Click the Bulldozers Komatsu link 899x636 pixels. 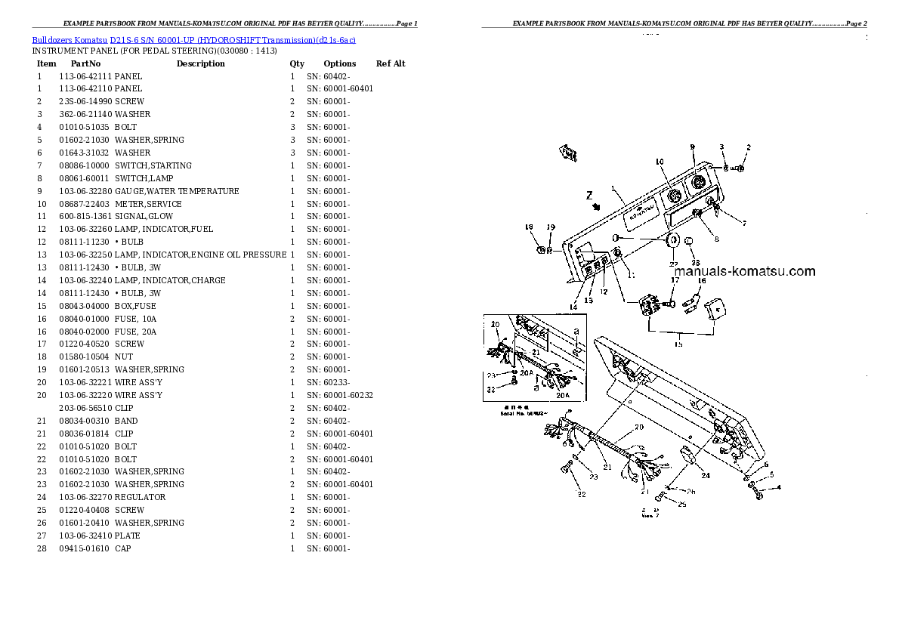(70, 39)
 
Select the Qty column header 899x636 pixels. (297, 64)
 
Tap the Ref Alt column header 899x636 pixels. (391, 64)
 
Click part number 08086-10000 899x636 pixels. (84, 165)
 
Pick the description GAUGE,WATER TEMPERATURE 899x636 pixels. (177, 191)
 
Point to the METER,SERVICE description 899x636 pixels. (148, 204)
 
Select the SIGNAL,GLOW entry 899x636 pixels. (143, 217)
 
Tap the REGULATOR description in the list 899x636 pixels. (141, 497)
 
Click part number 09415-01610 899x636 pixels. (84, 548)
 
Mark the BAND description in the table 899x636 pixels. (126, 420)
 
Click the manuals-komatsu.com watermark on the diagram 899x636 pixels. (744, 272)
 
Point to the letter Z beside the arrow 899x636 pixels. (589, 196)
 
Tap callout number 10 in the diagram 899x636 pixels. (659, 162)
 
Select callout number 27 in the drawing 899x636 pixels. (673, 264)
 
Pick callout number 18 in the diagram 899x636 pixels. (529, 227)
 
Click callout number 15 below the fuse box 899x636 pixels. (678, 344)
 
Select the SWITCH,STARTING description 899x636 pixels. (153, 165)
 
